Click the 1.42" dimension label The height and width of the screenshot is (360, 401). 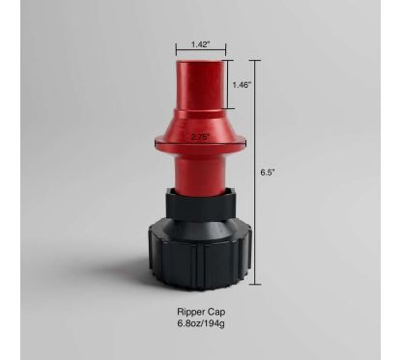tap(201, 43)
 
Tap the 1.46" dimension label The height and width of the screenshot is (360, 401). tap(242, 85)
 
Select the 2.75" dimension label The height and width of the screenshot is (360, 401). tap(201, 138)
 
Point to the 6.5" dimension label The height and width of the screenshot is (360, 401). tap(268, 172)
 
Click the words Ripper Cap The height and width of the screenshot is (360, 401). tap(200, 313)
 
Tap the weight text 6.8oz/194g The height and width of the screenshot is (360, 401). tap(200, 326)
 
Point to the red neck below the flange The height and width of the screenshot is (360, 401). tap(201, 174)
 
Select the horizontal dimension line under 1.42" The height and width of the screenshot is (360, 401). tap(201, 52)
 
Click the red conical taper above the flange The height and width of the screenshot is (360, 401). tap(201, 121)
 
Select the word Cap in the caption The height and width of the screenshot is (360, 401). tap(216, 313)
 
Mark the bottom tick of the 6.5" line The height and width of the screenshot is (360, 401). tap(255, 285)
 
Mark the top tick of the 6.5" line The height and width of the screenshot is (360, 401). tap(255, 62)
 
